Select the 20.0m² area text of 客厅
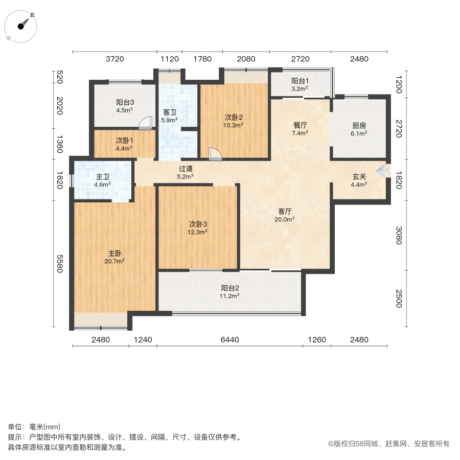pyautogui.click(x=285, y=219)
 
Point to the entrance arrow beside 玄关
pyautogui.click(x=381, y=171)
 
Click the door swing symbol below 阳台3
pyautogui.click(x=147, y=123)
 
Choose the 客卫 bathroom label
pyautogui.click(x=169, y=112)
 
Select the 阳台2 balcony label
pyautogui.click(x=231, y=287)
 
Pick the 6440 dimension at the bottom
pyautogui.click(x=229, y=339)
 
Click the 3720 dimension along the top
pyautogui.click(x=115, y=59)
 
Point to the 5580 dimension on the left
pyautogui.click(x=59, y=263)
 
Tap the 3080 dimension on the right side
pyautogui.click(x=400, y=236)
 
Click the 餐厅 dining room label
pyautogui.click(x=300, y=124)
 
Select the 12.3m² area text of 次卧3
pyautogui.click(x=198, y=232)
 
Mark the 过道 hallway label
pyautogui.click(x=185, y=169)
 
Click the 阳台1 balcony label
pyautogui.click(x=300, y=80)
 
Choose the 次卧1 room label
pyautogui.click(x=124, y=141)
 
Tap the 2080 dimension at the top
pyautogui.click(x=246, y=59)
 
